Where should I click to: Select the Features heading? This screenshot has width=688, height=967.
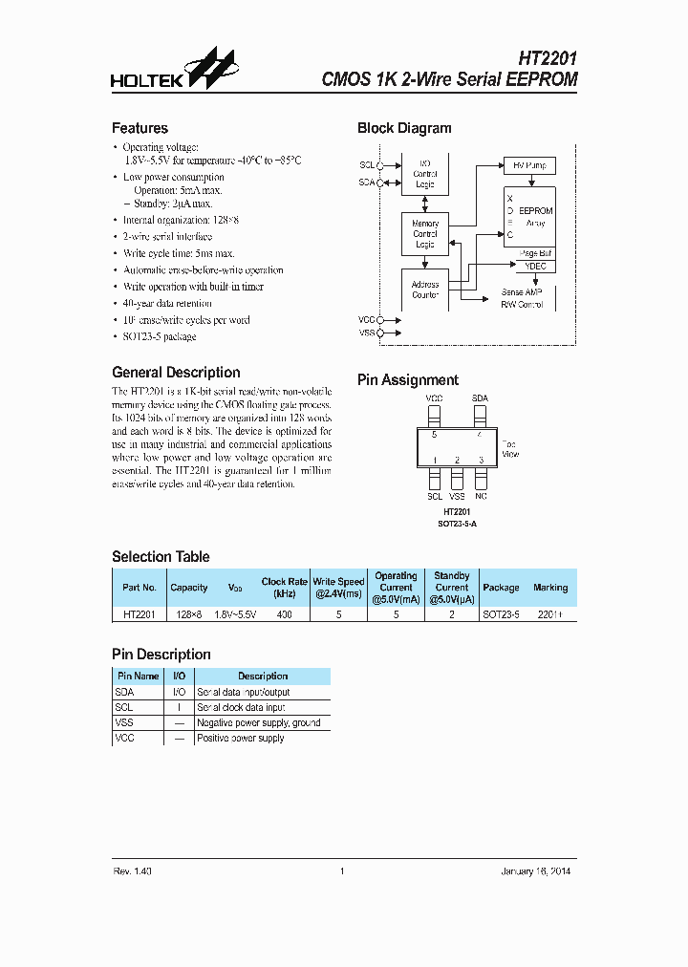point(140,128)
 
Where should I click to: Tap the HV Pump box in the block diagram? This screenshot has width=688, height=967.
point(528,165)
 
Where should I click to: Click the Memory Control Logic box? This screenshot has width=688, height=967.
point(425,234)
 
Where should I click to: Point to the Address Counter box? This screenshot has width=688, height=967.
point(425,290)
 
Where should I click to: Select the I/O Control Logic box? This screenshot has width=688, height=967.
point(425,174)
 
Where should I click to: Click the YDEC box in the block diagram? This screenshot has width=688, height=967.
point(535,267)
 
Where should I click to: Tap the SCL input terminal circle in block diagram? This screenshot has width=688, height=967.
point(380,164)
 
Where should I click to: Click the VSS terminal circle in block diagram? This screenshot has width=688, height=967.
point(380,333)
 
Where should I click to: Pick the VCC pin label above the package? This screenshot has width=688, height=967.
point(434,398)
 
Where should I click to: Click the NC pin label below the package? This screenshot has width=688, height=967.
point(481,497)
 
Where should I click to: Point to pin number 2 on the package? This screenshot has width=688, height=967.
point(458,461)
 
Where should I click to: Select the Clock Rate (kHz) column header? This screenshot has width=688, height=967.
point(284,587)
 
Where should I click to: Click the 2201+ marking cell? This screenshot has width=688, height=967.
point(550,614)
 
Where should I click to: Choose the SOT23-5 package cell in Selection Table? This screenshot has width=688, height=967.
point(501,614)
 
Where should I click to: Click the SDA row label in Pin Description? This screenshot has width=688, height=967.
point(125,692)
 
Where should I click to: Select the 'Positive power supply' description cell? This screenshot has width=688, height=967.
point(241,739)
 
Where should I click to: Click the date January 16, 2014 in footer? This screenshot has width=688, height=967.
point(536,870)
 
